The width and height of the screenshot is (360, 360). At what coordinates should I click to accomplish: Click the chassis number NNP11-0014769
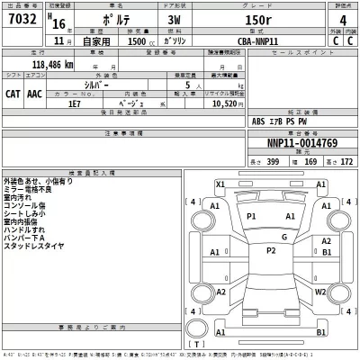301,141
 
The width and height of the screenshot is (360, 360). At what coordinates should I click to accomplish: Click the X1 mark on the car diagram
219,184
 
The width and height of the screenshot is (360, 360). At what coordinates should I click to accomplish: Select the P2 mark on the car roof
270,250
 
